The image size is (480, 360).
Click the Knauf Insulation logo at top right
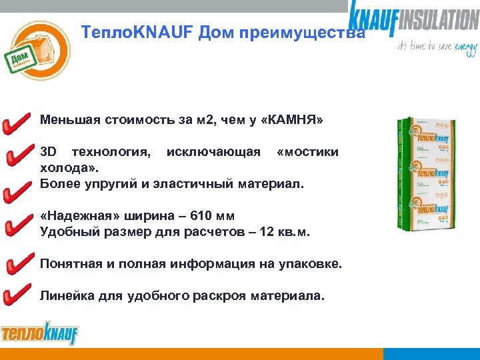pos(414,18)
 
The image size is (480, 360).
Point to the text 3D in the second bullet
pos(48,152)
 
